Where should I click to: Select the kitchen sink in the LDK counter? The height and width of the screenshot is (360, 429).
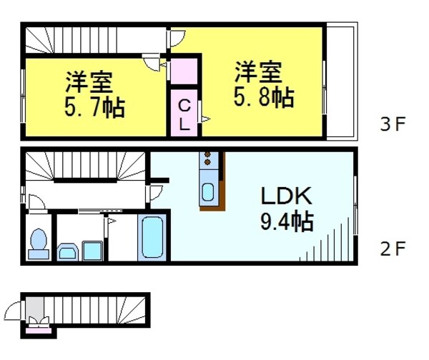[208, 192]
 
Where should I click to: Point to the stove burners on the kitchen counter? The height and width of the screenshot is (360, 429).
[208, 159]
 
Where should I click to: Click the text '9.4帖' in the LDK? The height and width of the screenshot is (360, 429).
[286, 222]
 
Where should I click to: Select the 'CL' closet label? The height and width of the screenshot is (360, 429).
[184, 114]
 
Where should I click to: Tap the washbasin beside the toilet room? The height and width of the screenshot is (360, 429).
[68, 251]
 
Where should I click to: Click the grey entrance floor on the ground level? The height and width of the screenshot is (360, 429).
[34, 311]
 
